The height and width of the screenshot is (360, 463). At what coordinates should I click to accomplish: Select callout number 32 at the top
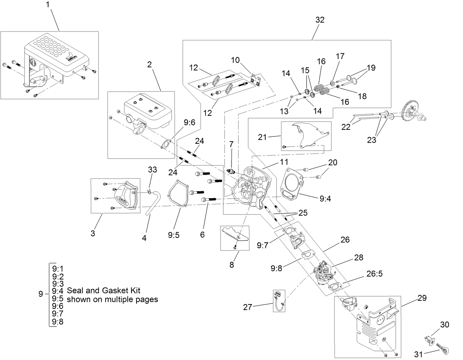tap(320, 20)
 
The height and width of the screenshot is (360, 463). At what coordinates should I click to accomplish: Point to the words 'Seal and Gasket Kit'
tap(103, 291)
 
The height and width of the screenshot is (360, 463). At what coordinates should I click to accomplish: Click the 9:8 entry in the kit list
tap(58, 322)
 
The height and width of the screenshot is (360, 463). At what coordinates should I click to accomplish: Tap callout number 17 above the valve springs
tap(340, 56)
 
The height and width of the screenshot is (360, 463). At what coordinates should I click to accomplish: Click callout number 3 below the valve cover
tap(93, 233)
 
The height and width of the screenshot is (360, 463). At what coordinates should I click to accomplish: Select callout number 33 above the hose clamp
tap(152, 170)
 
